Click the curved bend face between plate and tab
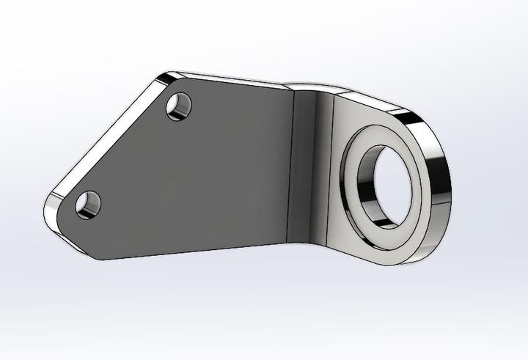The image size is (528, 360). click(308, 169)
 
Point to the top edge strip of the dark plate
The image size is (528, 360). click(235, 80)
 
